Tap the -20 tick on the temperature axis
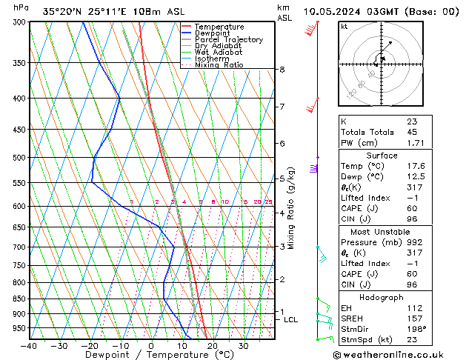(x=90, y=345)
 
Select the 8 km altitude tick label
(x=282, y=70)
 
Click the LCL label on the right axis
(x=290, y=320)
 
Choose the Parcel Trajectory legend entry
(x=228, y=40)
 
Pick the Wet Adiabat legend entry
(x=218, y=53)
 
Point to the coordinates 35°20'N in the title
(x=64, y=11)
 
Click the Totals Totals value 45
(x=411, y=132)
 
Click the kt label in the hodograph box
(x=344, y=27)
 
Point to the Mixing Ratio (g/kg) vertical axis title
(x=291, y=208)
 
